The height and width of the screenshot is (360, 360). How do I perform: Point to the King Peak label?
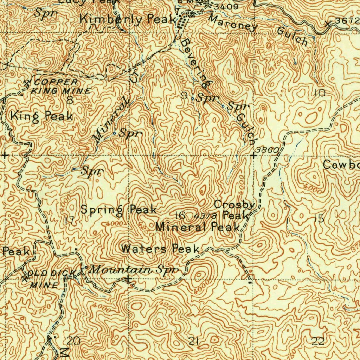(41, 116)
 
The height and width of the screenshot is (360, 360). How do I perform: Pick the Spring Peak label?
(118, 210)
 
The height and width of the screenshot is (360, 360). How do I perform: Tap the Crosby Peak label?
(234, 209)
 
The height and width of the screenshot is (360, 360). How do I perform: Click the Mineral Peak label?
(198, 227)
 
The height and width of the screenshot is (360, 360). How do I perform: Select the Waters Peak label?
(160, 249)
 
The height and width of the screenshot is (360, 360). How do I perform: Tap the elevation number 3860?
(267, 150)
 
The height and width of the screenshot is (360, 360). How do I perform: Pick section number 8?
(70, 100)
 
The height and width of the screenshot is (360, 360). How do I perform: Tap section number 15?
(319, 219)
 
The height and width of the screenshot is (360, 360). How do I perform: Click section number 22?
(319, 341)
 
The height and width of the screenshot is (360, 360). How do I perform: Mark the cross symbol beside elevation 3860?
(253, 155)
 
